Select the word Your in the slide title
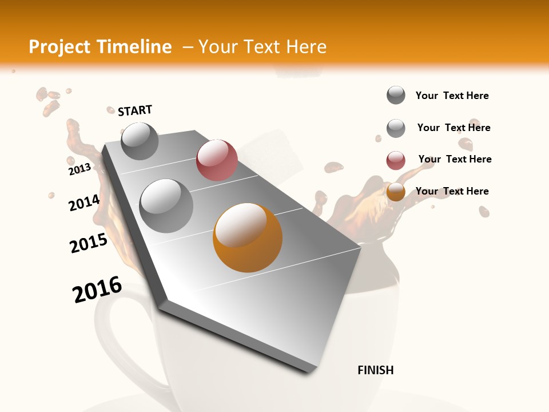click(218, 47)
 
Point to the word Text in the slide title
click(261, 47)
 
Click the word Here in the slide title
click(306, 47)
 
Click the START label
click(135, 110)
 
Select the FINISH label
click(375, 370)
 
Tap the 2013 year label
click(79, 169)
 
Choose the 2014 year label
click(84, 203)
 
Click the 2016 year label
click(97, 290)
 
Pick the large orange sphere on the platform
click(248, 237)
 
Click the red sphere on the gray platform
click(217, 160)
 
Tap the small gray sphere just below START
click(140, 141)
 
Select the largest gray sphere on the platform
click(166, 205)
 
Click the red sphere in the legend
click(396, 161)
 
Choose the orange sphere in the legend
click(396, 192)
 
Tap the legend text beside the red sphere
click(455, 159)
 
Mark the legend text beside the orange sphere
click(452, 191)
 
